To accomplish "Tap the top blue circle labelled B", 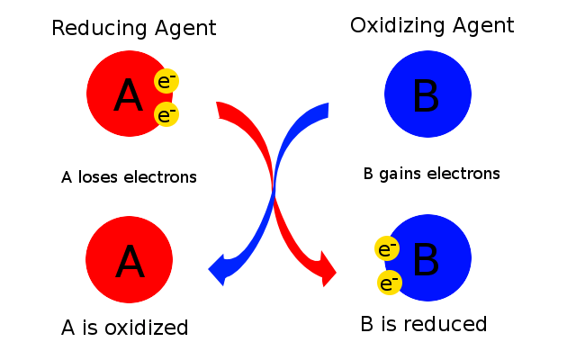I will click(427, 94).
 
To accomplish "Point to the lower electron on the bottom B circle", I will click(390, 283).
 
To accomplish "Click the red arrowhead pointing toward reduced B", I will click(328, 270).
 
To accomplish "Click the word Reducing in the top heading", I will click(94, 29).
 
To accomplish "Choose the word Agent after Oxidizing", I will click(482, 26).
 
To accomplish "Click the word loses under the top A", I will click(98, 177).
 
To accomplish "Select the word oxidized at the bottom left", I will click(146, 327).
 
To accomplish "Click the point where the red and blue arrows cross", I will click(274, 190).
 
